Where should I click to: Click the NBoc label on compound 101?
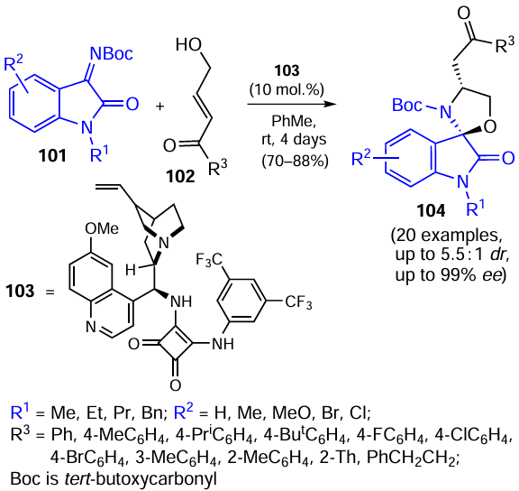112,53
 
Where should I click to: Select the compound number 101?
52,155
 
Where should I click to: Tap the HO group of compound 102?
188,44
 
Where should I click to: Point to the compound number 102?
180,176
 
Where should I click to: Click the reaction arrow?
292,105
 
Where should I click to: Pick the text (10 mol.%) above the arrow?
287,89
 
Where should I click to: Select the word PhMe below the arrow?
294,121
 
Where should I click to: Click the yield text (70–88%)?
295,161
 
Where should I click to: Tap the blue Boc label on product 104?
407,106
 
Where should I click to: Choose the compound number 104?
431,210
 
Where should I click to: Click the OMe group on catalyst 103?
102,228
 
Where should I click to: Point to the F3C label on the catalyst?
209,260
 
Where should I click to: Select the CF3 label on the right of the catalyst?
298,302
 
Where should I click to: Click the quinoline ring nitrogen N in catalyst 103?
91,327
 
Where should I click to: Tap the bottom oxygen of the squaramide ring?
176,385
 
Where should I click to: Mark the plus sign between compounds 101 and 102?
159,107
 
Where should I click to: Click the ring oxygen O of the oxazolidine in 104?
490,126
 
